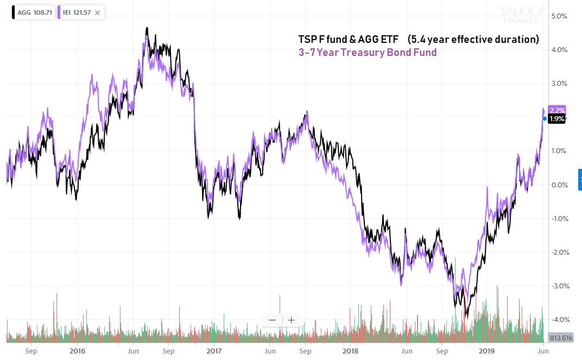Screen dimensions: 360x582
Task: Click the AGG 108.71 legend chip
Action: [33, 12]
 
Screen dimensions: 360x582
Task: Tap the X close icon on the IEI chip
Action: [97, 12]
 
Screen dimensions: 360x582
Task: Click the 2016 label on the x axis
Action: [77, 351]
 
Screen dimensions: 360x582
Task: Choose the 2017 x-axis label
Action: [214, 351]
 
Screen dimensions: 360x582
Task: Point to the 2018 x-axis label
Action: [351, 351]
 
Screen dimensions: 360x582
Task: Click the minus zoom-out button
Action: [273, 320]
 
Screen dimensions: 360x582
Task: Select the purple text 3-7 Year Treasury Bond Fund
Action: [368, 53]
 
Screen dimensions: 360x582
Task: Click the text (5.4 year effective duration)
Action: [473, 39]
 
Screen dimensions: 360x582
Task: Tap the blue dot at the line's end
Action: [545, 118]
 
